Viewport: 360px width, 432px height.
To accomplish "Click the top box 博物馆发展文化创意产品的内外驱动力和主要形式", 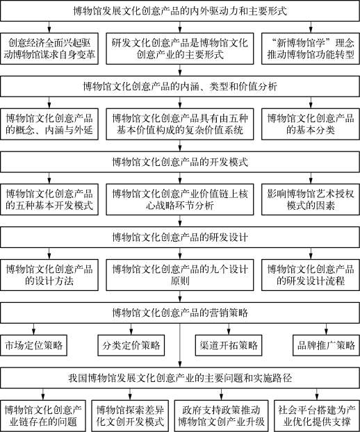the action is [180, 11].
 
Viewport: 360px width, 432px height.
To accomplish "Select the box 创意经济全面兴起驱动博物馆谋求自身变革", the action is [49, 49].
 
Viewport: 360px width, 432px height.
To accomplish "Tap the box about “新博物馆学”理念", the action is [311, 49].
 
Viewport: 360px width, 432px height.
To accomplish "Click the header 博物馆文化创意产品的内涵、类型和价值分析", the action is [180, 87].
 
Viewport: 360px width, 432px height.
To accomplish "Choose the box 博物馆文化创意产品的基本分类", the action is [311, 124].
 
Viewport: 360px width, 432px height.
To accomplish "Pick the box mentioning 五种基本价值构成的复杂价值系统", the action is [180, 124].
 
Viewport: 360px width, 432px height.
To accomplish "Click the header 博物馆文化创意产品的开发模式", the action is [180, 162].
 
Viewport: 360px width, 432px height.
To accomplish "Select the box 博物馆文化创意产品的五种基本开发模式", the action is [49, 200].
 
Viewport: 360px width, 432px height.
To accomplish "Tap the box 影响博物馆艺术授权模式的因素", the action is [311, 200].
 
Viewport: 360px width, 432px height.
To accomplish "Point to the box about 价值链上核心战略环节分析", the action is [180, 200].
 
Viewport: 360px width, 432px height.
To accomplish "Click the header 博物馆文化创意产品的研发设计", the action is [180, 238].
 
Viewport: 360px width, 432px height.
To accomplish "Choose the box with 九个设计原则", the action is [180, 275].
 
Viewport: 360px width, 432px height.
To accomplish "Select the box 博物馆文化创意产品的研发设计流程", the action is [311, 275].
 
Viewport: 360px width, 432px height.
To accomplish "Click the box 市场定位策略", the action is [33, 345].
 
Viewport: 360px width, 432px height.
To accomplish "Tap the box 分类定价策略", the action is [131, 345].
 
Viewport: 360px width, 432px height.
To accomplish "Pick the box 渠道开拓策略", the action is [229, 345].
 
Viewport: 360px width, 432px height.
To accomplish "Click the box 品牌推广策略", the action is [327, 345].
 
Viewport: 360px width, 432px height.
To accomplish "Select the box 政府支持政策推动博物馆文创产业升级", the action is [221, 416].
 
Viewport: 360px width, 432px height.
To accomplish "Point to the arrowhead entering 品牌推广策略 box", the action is [327, 332].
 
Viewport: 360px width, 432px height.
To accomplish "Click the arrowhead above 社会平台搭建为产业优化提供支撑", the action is [317, 397].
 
